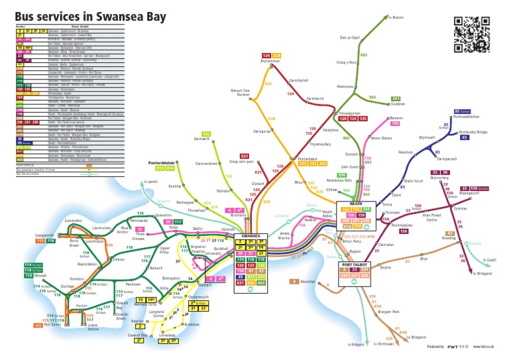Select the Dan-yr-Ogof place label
pyautogui.click(x=349, y=38)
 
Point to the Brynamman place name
pyautogui.click(x=270, y=61)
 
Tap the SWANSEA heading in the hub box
pyautogui.click(x=251, y=235)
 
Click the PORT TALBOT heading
pyautogui.click(x=355, y=264)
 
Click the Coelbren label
pyautogui.click(x=398, y=103)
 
